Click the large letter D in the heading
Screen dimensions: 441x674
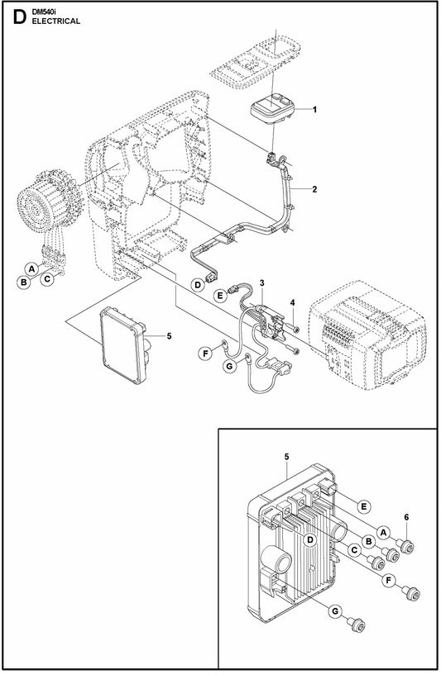click(20, 17)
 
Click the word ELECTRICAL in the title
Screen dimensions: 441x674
click(56, 21)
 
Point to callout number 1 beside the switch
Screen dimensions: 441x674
click(314, 110)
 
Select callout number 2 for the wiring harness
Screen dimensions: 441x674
click(314, 188)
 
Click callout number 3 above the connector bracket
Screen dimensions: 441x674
click(261, 282)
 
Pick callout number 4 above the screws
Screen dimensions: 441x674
click(292, 302)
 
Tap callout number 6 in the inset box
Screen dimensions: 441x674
click(406, 517)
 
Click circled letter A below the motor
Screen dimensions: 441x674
click(31, 269)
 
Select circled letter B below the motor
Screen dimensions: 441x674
click(24, 282)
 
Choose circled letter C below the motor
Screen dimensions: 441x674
click(47, 279)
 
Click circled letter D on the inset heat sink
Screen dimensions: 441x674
click(309, 540)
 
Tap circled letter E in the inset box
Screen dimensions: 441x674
click(364, 507)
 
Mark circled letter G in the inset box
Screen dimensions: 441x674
click(335, 611)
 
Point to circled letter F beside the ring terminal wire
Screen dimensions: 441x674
click(205, 354)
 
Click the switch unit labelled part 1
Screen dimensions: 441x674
click(271, 108)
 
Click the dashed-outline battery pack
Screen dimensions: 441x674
click(367, 335)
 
